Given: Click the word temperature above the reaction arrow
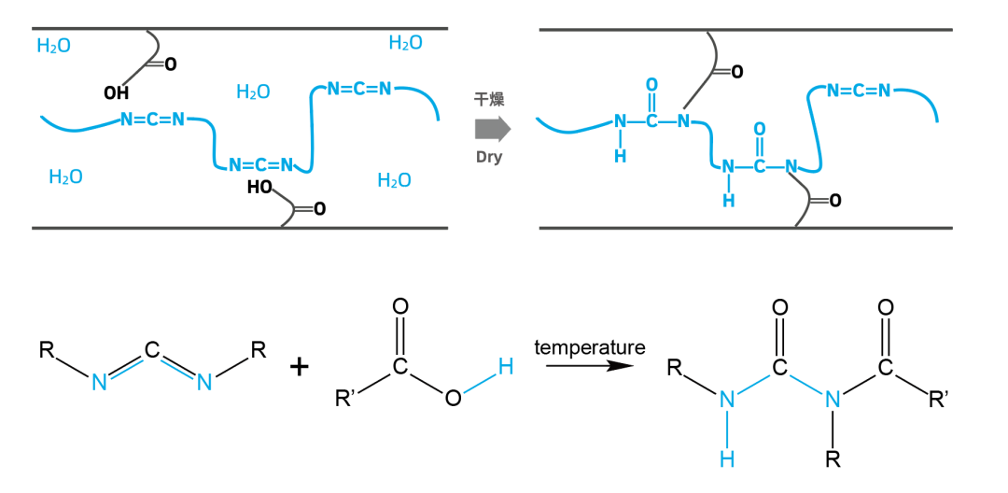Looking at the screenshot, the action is (590, 347).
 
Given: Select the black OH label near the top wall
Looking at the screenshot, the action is (117, 93).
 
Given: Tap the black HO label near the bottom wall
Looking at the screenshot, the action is (259, 187).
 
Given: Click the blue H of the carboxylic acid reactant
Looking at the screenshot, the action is (506, 367).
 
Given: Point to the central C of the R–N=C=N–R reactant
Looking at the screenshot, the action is (152, 350).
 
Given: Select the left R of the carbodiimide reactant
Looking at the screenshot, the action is (47, 350).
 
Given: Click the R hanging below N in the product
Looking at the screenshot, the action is (833, 460).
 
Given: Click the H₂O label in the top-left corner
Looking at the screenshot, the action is (54, 47).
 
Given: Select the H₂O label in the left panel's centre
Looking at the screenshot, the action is (253, 92).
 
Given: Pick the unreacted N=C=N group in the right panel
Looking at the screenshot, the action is (859, 90).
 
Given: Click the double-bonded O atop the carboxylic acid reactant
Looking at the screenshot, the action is (399, 307).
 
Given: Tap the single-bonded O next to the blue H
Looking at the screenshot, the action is (453, 399).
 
